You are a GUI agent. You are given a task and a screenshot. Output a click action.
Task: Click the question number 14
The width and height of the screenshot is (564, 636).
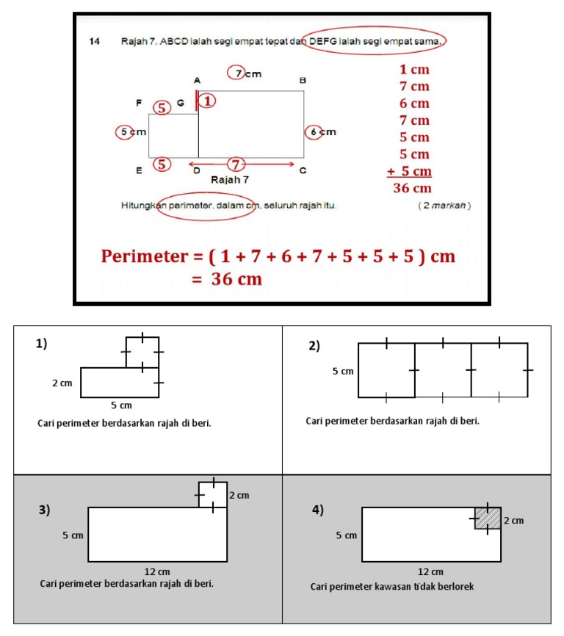[94, 42]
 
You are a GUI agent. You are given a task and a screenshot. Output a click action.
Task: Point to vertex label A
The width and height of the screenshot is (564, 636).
[197, 79]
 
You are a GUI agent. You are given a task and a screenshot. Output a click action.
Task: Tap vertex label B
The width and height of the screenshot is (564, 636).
[302, 79]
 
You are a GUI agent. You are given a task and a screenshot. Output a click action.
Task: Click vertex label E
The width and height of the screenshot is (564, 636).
[138, 170]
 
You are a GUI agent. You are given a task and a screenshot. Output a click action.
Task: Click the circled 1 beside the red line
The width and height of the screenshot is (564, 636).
[209, 101]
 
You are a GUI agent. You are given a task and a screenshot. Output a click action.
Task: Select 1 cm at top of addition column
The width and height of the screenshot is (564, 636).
[414, 71]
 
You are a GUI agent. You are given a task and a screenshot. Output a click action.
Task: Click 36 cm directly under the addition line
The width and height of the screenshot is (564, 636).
[411, 188]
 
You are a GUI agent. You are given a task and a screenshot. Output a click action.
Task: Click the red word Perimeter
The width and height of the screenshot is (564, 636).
[145, 256]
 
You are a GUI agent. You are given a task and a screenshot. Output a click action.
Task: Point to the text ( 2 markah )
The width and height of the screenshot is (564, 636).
[444, 205]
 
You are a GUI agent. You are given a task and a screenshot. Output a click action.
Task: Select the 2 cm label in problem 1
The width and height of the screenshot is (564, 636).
[62, 383]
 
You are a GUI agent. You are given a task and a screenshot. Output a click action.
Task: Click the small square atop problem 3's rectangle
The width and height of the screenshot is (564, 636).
[212, 494]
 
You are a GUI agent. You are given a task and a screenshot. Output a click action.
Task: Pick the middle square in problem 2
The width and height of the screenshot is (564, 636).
[443, 370]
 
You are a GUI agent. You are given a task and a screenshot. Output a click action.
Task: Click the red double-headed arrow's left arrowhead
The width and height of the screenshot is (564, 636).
[192, 163]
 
